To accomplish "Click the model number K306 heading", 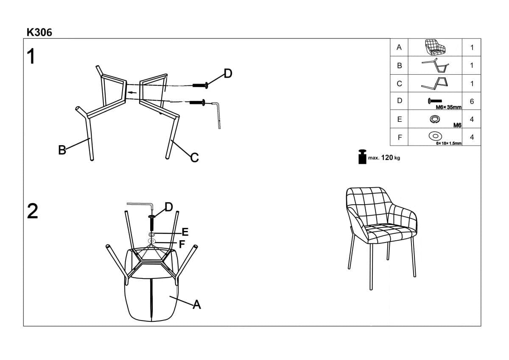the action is (39, 33).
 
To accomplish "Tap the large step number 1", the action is (31, 56).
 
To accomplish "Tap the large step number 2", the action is (33, 211).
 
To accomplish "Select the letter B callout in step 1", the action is (62, 150).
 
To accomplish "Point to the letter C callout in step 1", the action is (195, 157).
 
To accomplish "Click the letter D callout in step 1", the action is (228, 73).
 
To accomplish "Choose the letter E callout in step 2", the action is (185, 232).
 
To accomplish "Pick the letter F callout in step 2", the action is (182, 244).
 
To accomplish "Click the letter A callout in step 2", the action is (197, 304).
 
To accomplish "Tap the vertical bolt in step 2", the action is (152, 223).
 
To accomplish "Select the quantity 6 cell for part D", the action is (472, 101).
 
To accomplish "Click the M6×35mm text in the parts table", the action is (449, 107).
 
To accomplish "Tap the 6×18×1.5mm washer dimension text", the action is (449, 143).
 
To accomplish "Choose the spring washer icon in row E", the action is (435, 119).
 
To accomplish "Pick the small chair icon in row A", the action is (435, 47).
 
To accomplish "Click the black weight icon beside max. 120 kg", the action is (362, 157).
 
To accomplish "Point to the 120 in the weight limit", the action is (387, 157).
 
